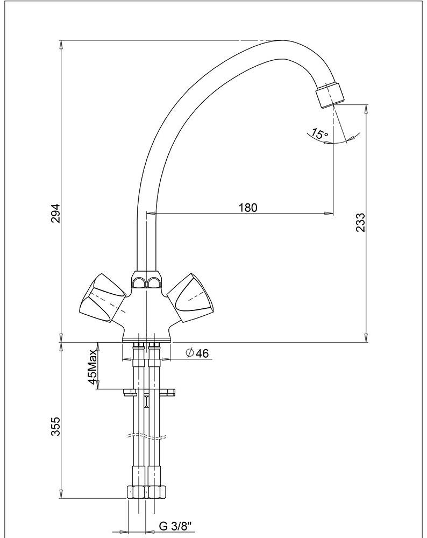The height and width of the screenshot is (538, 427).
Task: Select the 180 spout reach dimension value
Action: click(x=247, y=208)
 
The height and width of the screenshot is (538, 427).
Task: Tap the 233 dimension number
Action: click(x=360, y=223)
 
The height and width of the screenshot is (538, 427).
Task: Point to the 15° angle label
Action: click(x=319, y=134)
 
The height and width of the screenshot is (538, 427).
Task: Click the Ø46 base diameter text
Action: click(x=196, y=353)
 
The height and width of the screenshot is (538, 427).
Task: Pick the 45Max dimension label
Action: click(x=93, y=367)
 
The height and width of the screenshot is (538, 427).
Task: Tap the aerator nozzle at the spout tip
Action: click(x=330, y=96)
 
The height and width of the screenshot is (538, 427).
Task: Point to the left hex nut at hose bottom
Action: click(x=136, y=492)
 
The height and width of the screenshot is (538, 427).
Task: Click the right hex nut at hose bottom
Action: click(x=158, y=492)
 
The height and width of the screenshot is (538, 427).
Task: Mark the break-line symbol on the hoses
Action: click(x=145, y=436)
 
